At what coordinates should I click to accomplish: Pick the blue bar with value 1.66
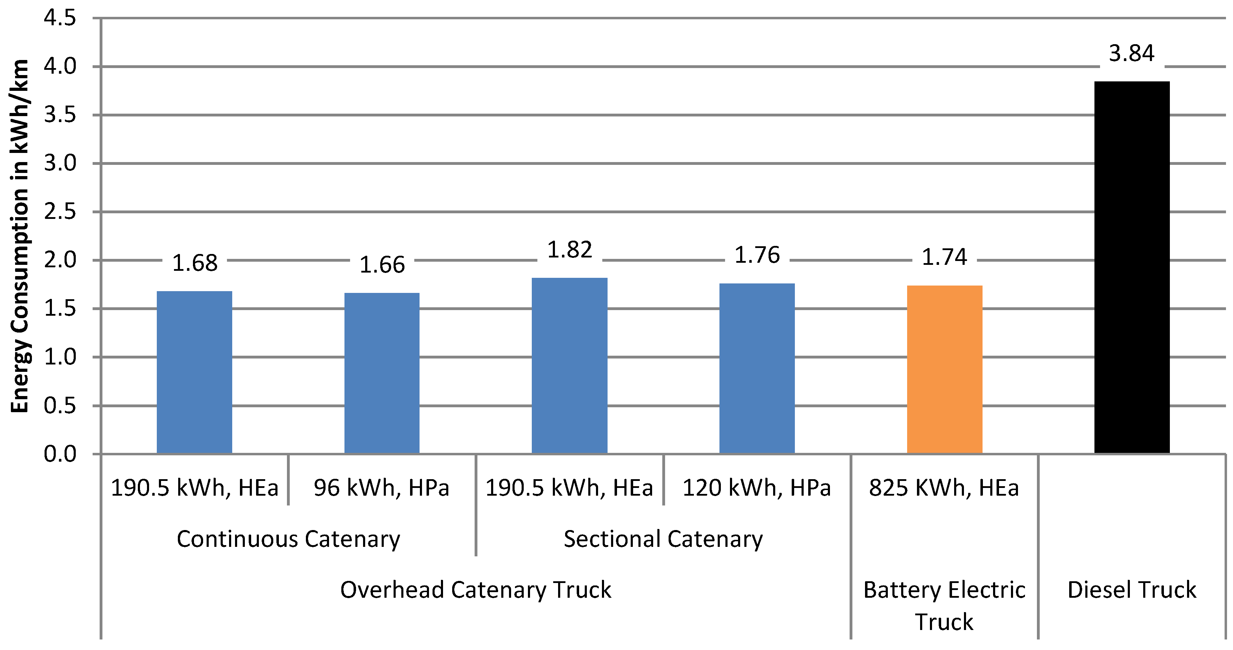click(x=382, y=373)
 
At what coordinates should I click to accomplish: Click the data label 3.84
click(x=1132, y=53)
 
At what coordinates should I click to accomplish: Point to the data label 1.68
click(x=195, y=263)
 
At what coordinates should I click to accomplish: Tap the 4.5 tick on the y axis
click(x=60, y=18)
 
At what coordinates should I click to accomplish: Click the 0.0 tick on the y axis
click(x=60, y=454)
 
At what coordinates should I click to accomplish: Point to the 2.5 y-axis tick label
click(x=60, y=212)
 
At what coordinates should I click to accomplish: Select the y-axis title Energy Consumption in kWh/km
click(x=20, y=236)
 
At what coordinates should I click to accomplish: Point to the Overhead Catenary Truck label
click(x=476, y=590)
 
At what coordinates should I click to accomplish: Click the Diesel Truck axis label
click(x=1132, y=590)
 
